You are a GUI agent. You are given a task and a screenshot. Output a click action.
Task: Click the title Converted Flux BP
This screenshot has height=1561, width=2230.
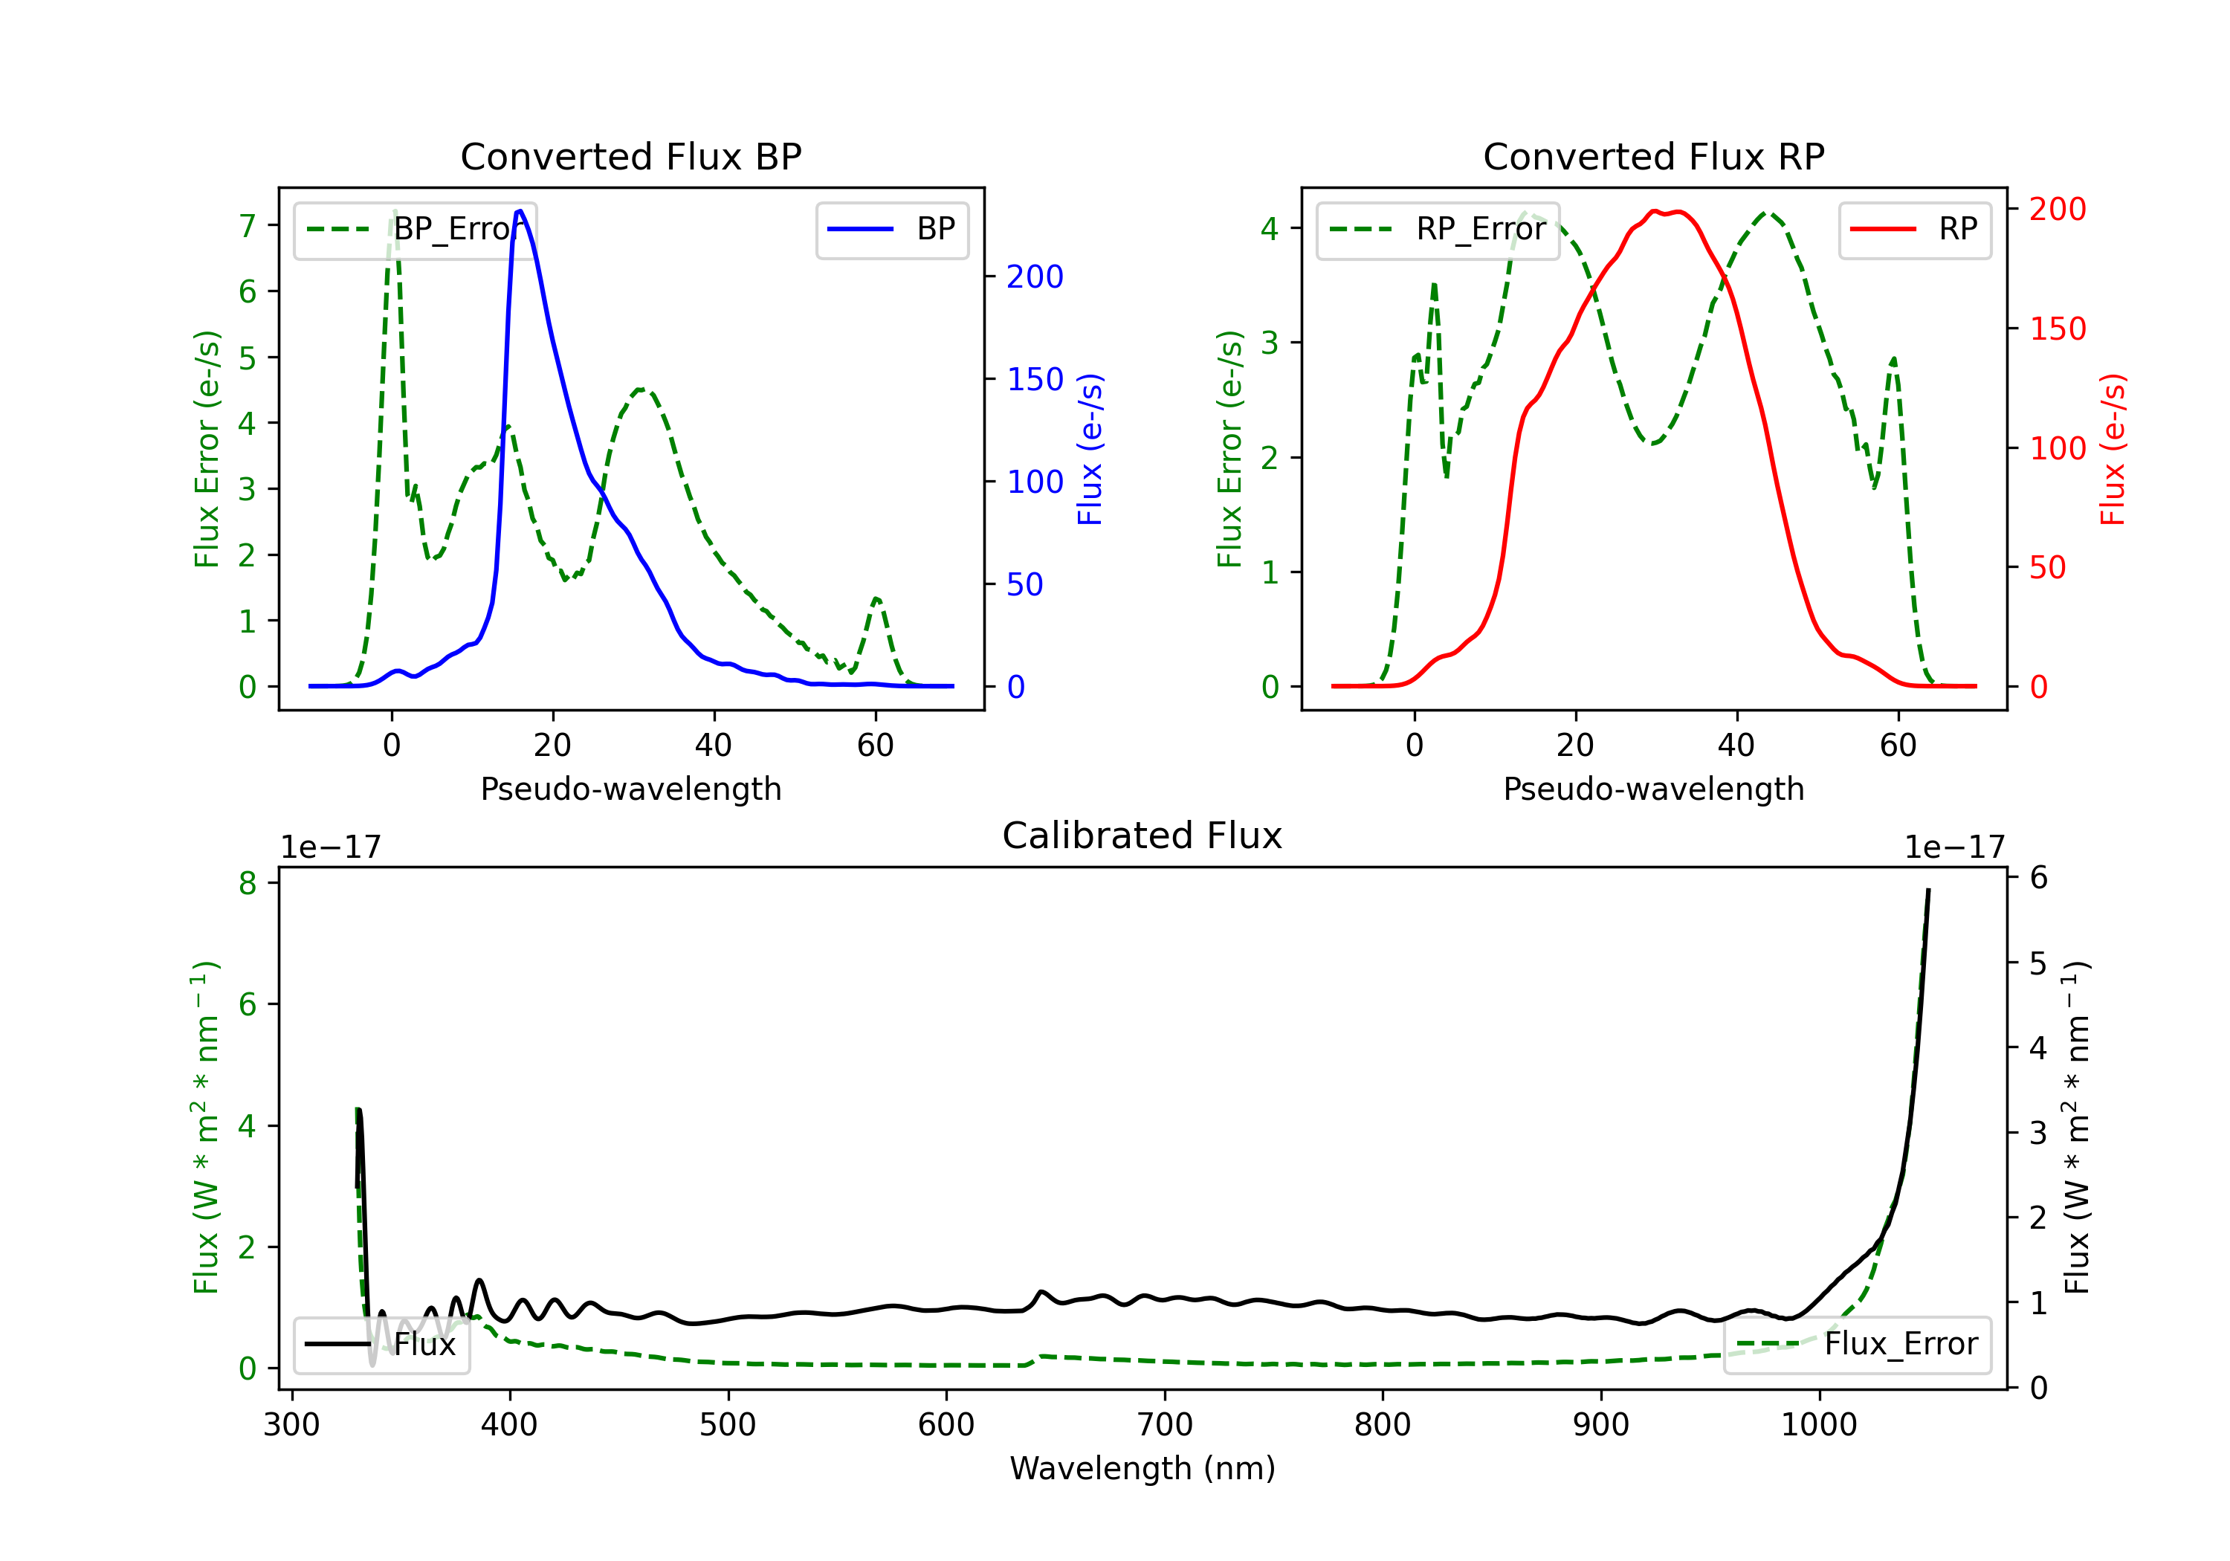click(x=630, y=156)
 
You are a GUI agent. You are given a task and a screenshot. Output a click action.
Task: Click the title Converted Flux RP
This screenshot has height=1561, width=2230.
click(x=1653, y=156)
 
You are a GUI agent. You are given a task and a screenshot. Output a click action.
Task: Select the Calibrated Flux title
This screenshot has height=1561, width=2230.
click(x=1143, y=836)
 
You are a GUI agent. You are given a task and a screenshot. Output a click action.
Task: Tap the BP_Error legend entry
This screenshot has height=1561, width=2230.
click(x=415, y=229)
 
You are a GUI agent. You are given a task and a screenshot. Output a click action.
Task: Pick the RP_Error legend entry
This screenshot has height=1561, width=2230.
click(x=1438, y=229)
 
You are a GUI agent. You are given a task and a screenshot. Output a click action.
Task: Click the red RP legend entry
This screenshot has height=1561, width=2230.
click(x=1914, y=229)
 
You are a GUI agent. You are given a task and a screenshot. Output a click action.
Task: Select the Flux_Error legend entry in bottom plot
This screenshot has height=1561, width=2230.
click(x=1857, y=1345)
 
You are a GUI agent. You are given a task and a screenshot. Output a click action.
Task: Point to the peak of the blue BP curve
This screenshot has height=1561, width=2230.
click(x=520, y=211)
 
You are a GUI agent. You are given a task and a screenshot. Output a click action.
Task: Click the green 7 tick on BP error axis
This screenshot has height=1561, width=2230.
click(x=248, y=225)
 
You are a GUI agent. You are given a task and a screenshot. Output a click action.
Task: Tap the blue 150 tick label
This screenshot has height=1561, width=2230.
click(x=1035, y=379)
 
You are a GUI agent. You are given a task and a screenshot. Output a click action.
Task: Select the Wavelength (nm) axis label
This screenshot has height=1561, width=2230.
click(x=1143, y=1469)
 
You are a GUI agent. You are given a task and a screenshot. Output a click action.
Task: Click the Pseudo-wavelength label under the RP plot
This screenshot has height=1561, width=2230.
click(x=1653, y=789)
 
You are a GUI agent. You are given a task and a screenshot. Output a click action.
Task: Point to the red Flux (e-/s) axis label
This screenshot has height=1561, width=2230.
click(x=2113, y=449)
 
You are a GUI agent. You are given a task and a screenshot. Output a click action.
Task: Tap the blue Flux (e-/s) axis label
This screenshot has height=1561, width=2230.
click(x=1090, y=449)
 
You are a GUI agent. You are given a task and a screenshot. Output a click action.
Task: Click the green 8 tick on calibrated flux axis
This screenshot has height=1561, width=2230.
click(x=248, y=883)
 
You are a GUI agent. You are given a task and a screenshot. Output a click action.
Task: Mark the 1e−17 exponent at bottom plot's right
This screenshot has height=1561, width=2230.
click(x=1954, y=847)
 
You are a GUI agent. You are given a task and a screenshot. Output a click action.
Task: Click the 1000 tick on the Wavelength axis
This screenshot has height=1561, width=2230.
click(x=1819, y=1425)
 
